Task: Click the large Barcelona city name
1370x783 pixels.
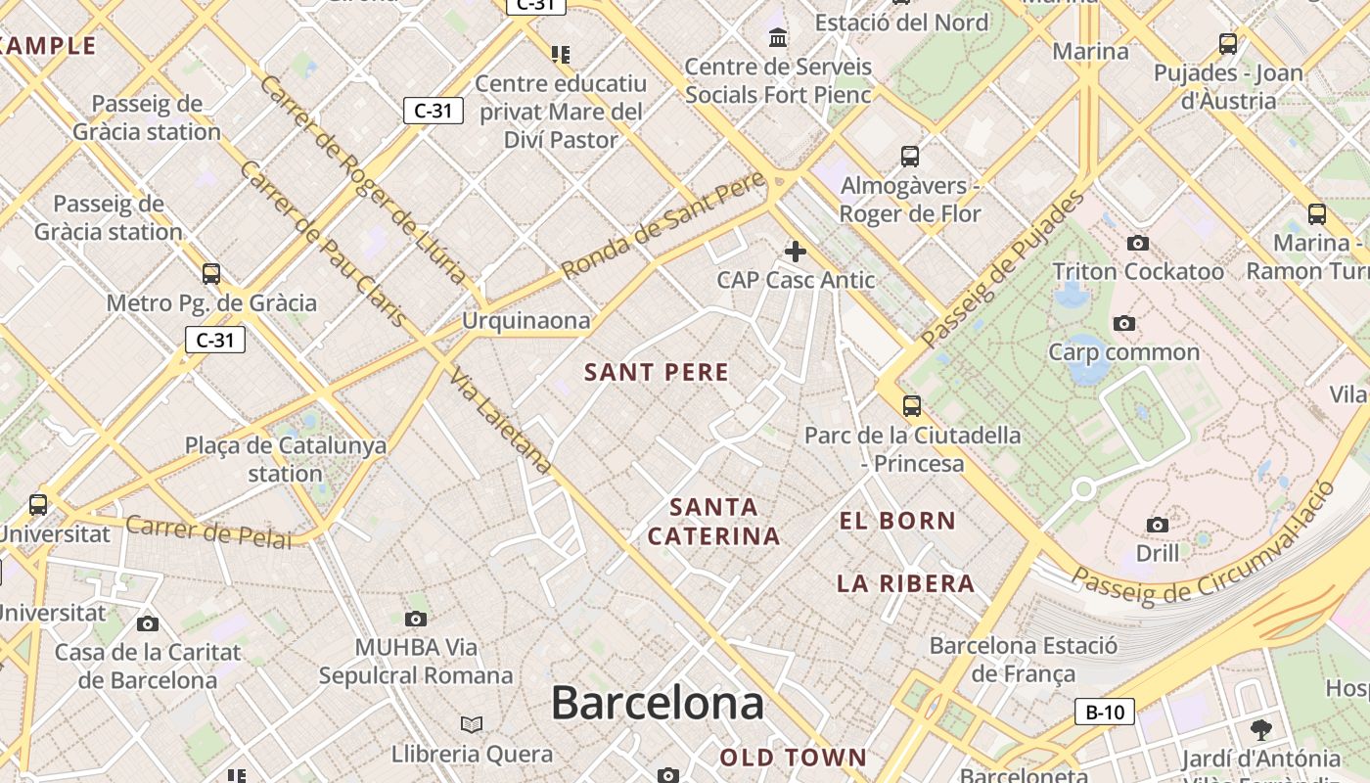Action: (657, 703)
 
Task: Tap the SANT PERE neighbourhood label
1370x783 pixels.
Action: (657, 372)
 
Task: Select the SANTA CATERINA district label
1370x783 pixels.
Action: (714, 522)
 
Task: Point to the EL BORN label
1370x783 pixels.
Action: (897, 521)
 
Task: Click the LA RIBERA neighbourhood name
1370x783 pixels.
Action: (905, 584)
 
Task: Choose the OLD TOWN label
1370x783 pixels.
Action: (794, 758)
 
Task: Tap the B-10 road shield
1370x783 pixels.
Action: (1105, 712)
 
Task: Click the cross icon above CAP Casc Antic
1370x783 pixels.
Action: (796, 252)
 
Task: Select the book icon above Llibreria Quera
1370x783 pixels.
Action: (472, 724)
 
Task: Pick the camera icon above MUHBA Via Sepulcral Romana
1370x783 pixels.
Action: (416, 619)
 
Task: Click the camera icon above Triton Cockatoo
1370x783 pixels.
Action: (1137, 243)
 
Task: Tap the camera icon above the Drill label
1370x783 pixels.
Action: (1157, 525)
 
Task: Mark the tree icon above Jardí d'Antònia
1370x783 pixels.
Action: (1260, 729)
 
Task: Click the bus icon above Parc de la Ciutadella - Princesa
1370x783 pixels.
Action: (912, 405)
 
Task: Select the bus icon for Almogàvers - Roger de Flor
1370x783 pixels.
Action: (910, 156)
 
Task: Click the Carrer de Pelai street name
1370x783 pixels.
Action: (208, 531)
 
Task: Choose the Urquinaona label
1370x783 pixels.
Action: (526, 321)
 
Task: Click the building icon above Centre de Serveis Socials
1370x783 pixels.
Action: (778, 38)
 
